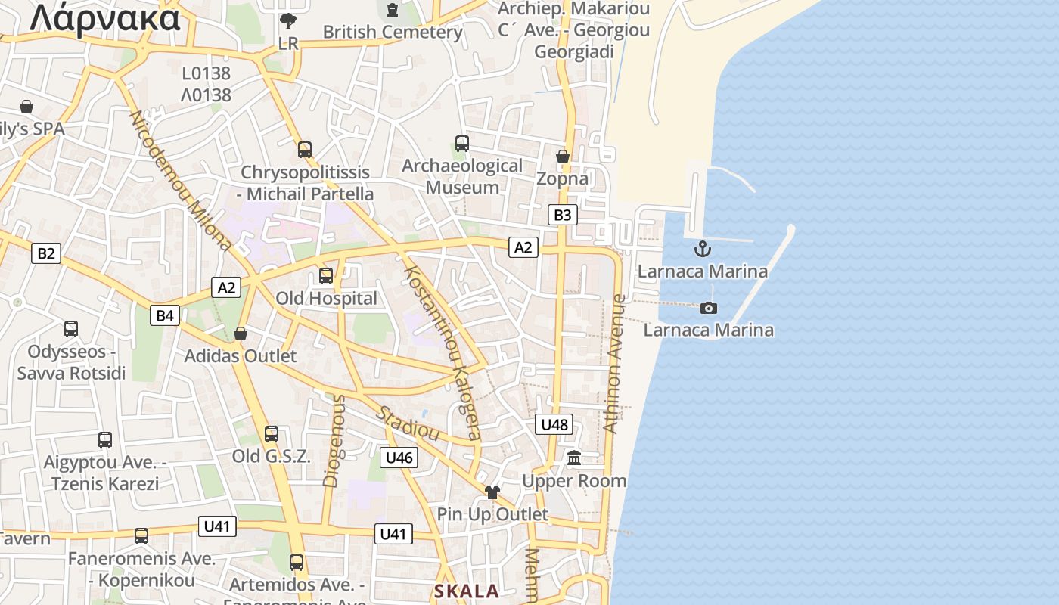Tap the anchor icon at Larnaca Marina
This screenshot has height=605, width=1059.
703,249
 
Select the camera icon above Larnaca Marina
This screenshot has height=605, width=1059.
709,308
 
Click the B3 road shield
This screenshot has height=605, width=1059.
562,215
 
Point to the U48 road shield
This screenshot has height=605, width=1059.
554,424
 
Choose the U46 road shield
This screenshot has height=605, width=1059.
399,457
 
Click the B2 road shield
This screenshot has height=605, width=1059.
46,253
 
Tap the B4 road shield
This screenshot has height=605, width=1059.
165,315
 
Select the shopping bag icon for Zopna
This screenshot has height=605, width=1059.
562,157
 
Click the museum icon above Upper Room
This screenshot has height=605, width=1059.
574,458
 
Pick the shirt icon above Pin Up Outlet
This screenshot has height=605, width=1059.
492,492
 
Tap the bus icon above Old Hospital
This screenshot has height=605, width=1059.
326,276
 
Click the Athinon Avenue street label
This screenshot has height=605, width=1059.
614,364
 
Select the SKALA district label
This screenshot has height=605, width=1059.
467,591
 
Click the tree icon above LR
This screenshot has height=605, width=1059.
288,21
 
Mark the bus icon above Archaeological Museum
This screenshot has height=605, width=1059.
461,143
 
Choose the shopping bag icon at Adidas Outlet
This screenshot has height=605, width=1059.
241,334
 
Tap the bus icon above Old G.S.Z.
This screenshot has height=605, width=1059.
272,434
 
